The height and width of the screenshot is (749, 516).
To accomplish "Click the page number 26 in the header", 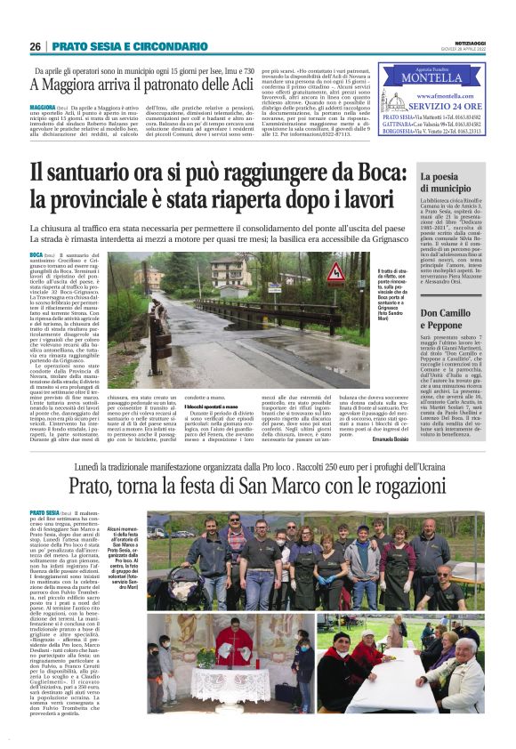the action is click(35, 45).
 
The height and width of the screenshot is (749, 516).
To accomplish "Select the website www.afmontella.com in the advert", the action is click(441, 94).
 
